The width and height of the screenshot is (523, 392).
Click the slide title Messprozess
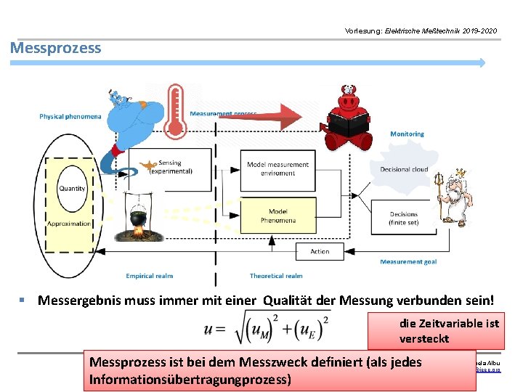coord(56,49)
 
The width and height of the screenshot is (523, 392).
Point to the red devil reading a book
coord(349,120)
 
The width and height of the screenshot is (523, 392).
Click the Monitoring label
coord(407,134)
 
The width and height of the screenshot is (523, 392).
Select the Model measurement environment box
coord(277,169)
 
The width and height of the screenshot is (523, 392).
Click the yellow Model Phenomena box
coord(277,216)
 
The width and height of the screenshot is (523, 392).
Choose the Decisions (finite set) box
coord(403,219)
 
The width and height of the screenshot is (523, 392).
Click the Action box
coord(320,252)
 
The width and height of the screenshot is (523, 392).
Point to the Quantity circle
coord(72,188)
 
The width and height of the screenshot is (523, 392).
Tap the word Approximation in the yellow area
coord(69,224)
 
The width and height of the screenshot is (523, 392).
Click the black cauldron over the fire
coord(139,218)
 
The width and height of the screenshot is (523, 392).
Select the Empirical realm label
coord(149,276)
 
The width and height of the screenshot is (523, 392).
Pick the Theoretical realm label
coord(276,276)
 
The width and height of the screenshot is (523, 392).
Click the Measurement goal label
coord(408,262)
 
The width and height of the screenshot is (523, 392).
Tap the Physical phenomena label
coord(70,116)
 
